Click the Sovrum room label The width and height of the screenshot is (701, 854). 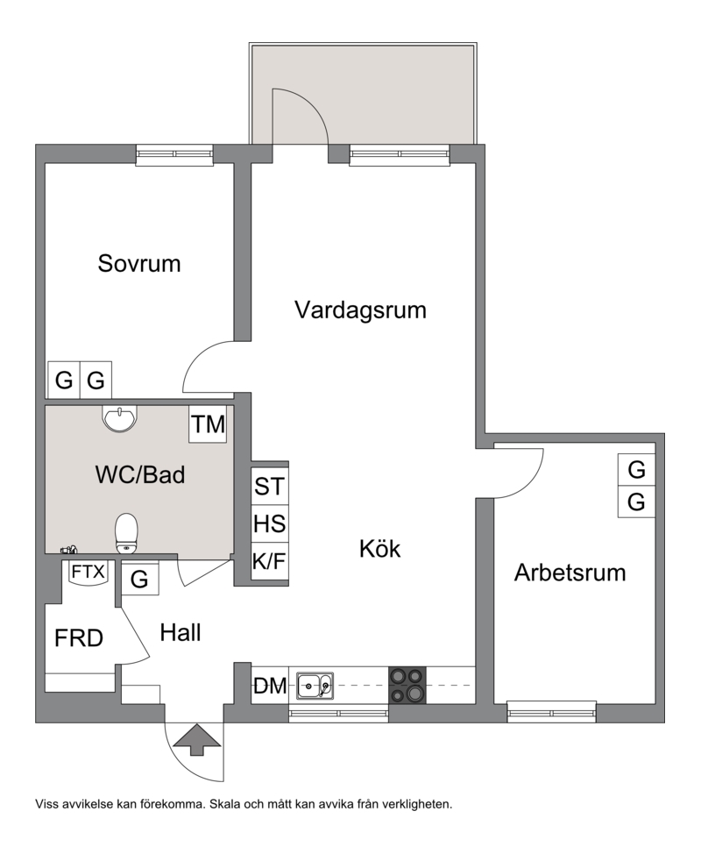pyautogui.click(x=139, y=264)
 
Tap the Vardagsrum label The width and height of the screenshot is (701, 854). pyautogui.click(x=360, y=310)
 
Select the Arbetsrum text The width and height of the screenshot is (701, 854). pyautogui.click(x=570, y=573)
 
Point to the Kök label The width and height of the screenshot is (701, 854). pyautogui.click(x=380, y=549)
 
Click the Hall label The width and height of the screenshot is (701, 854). pyautogui.click(x=181, y=633)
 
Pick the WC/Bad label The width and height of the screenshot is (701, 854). pyautogui.click(x=140, y=475)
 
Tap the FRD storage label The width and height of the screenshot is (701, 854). pyautogui.click(x=79, y=638)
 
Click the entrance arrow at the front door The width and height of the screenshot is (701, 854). pyautogui.click(x=196, y=740)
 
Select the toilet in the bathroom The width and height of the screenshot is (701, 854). pyautogui.click(x=127, y=533)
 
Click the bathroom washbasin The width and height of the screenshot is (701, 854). pyautogui.click(x=120, y=419)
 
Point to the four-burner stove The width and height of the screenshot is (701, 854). pyautogui.click(x=407, y=685)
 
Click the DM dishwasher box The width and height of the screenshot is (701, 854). pyautogui.click(x=270, y=686)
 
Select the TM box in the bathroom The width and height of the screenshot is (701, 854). pyautogui.click(x=208, y=423)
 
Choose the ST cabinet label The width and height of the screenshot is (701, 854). pyautogui.click(x=269, y=487)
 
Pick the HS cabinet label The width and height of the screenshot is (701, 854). pyautogui.click(x=269, y=523)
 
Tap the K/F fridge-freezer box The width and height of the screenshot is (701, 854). pyautogui.click(x=269, y=560)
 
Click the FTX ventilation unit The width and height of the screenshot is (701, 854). pyautogui.click(x=88, y=573)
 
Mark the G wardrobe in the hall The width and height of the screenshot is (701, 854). pyautogui.click(x=140, y=579)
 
